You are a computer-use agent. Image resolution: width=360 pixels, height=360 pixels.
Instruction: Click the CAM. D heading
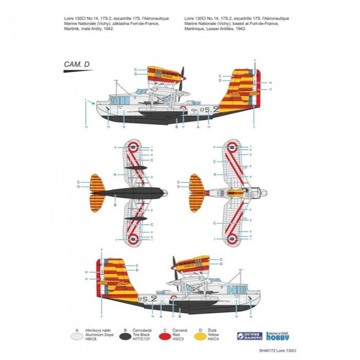78,64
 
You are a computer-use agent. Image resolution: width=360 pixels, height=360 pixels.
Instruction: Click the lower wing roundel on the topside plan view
232,238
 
